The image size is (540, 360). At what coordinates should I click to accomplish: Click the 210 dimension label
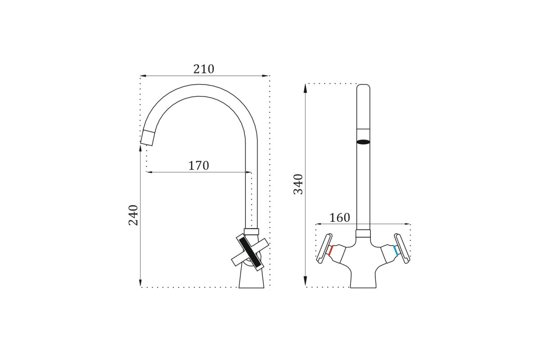click(204, 69)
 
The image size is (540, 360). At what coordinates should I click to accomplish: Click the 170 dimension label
click(198, 166)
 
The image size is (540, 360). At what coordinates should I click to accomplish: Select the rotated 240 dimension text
click(133, 215)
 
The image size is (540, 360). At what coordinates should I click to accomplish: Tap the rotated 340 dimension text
click(298, 184)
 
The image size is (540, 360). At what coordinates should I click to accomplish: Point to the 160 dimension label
click(340, 218)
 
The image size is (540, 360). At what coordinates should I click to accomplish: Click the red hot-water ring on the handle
click(331, 251)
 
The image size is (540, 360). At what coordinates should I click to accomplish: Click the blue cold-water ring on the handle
click(395, 251)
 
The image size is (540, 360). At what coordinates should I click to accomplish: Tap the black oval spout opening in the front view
click(363, 142)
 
